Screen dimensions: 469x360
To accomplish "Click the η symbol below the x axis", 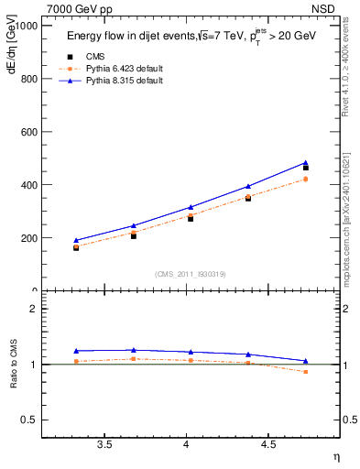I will click(335, 457).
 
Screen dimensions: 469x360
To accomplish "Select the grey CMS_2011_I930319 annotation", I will click(191, 274).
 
